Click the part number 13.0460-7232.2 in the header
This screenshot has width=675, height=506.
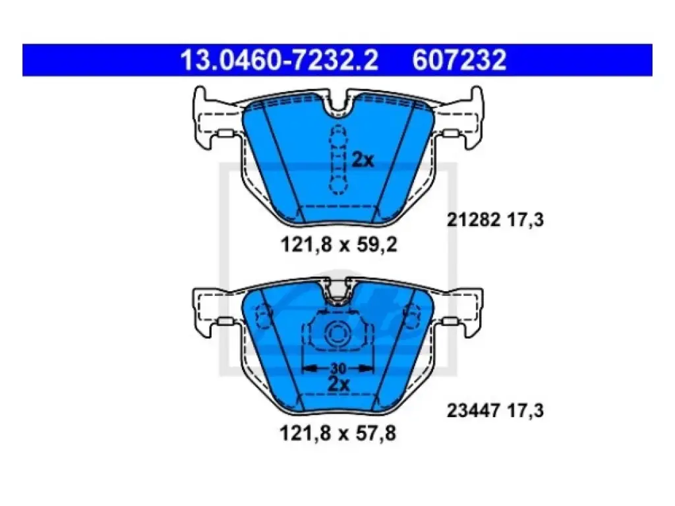coord(279,60)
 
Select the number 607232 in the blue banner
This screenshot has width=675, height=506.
coord(459,60)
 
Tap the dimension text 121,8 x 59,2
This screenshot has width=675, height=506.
coord(339,245)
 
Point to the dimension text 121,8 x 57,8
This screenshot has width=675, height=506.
coord(338,434)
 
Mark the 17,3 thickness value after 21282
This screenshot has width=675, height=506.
coord(525,220)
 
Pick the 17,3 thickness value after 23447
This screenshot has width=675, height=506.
coord(525,410)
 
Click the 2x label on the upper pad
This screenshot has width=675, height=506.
coord(363,160)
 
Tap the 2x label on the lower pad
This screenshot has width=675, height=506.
coord(339,384)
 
